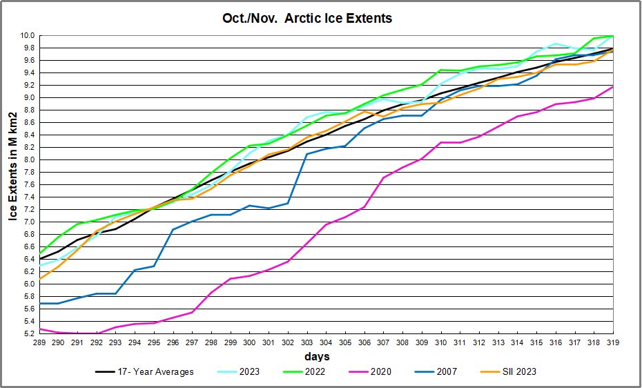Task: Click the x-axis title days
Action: [x=317, y=357]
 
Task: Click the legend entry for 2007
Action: [x=445, y=372]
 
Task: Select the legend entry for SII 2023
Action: [x=516, y=372]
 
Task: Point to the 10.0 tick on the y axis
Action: [x=28, y=35]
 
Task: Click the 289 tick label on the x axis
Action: [x=41, y=342]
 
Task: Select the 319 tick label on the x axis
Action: [x=612, y=342]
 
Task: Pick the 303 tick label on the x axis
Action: [x=307, y=342]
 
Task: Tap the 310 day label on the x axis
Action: [x=441, y=342]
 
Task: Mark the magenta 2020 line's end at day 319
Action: [x=612, y=87]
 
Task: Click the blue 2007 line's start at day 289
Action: [x=41, y=303]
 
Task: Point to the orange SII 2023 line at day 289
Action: [x=41, y=278]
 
